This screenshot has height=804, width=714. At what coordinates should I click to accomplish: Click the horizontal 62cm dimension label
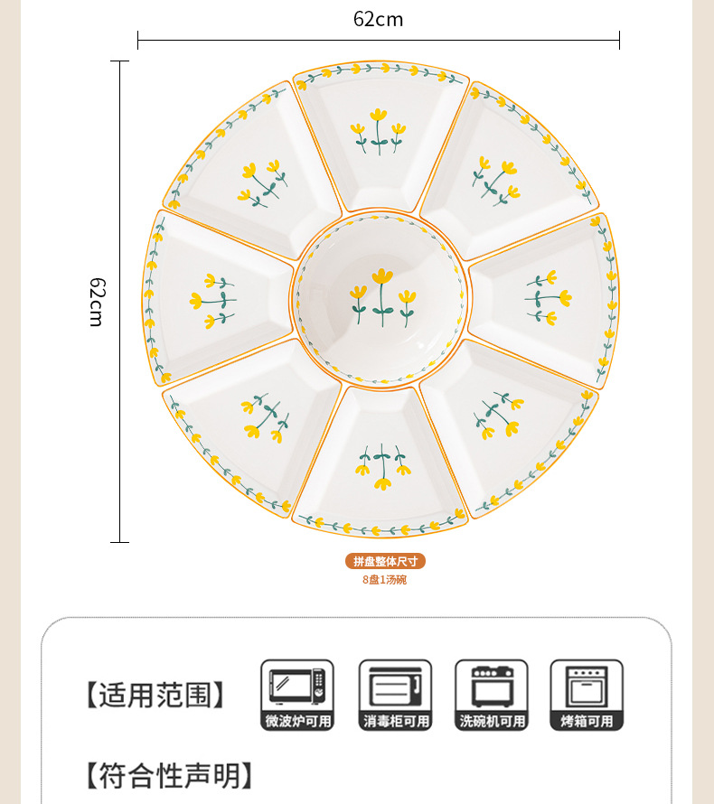(378, 19)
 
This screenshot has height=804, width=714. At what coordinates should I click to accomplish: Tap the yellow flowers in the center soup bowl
(382, 295)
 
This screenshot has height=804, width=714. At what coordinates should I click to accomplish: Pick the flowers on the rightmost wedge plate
(548, 297)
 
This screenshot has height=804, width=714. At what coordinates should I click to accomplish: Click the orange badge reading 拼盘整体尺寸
(385, 561)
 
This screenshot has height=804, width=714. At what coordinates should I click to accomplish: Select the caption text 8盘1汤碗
(385, 579)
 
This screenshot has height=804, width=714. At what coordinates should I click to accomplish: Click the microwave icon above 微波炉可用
(297, 686)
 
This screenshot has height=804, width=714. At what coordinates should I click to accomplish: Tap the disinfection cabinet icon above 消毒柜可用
(395, 686)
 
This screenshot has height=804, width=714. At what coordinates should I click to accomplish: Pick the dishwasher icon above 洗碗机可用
(491, 686)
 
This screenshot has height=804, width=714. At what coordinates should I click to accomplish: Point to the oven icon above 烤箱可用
(587, 686)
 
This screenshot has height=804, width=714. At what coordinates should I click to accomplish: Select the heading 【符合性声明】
(168, 775)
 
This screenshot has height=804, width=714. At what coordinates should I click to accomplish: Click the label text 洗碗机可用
(491, 721)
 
